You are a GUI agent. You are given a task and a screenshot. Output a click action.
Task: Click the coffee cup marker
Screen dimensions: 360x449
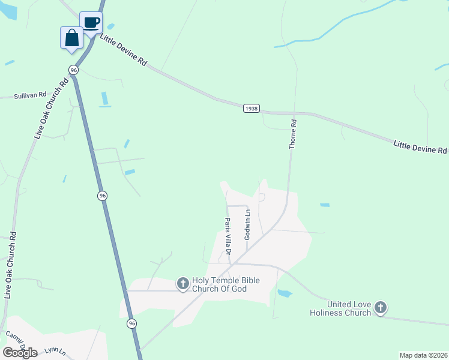coord(91,23)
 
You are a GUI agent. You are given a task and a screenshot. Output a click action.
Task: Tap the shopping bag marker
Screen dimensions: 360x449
coord(71,38)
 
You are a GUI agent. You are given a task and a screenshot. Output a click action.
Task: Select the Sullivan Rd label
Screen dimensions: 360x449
coord(31,95)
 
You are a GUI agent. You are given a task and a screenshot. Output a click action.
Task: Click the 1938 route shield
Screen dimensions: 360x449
coord(252,108)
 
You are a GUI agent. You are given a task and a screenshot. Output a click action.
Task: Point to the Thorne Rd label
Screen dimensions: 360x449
coord(294,134)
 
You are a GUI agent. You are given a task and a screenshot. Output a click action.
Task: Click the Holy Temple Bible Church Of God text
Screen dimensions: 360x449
coord(228,285)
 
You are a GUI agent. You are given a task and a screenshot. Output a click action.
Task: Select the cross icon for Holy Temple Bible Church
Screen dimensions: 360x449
coord(182,284)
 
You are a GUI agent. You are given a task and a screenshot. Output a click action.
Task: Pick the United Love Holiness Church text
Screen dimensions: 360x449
coord(340,308)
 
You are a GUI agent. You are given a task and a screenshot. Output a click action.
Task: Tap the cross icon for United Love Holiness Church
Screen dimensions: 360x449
coord(379,308)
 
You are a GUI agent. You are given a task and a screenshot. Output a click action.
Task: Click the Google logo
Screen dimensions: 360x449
coord(20,352)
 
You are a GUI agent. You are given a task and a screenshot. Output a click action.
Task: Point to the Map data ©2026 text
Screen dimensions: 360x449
coord(423,355)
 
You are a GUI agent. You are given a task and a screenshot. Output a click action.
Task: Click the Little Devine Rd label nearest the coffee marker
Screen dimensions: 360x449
coord(123,51)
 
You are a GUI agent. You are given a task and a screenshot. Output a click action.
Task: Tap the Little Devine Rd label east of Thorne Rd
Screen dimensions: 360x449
coord(421,147)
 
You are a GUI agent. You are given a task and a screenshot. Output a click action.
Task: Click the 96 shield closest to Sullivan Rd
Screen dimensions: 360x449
coord(73,70)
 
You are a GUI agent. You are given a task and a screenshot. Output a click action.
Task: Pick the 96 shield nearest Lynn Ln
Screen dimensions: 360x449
coord(131,323)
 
